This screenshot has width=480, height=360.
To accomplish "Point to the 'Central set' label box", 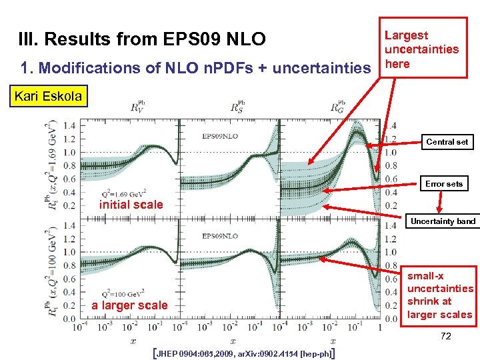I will [x=447, y=141].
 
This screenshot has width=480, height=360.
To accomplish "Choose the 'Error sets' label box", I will [x=445, y=183].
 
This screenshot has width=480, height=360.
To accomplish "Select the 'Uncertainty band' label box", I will [x=443, y=221].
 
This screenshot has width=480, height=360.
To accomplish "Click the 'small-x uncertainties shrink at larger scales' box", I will [x=440, y=295].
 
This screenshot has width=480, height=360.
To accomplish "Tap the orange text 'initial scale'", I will [x=131, y=205].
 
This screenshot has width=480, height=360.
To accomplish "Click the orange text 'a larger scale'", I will [x=130, y=305].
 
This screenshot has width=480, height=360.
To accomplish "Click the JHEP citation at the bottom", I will [x=243, y=352].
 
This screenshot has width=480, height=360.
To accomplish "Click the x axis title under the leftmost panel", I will [x=133, y=340].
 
